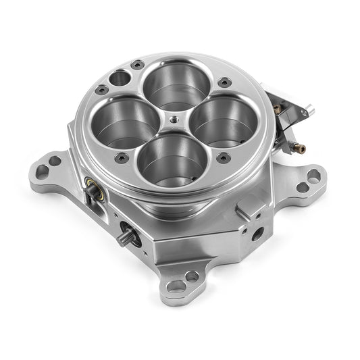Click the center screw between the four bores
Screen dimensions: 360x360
click(x=174, y=119)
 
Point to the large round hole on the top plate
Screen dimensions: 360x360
click(x=119, y=78)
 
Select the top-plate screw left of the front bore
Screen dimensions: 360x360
click(x=122, y=157)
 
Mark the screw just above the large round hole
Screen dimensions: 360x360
click(x=138, y=65)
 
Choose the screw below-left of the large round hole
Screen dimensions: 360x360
click(x=102, y=89)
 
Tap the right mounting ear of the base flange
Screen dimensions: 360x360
click(x=310, y=178)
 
